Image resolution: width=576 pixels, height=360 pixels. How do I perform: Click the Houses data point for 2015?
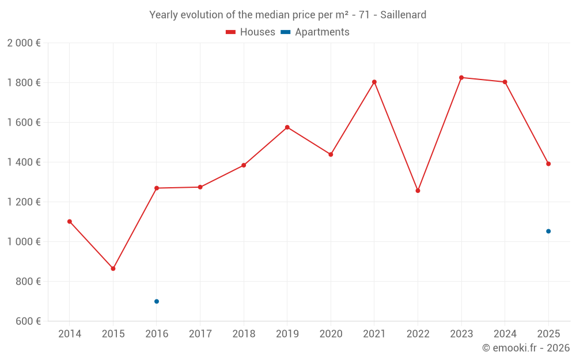113,268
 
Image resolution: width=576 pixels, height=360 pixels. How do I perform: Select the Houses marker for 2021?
374,82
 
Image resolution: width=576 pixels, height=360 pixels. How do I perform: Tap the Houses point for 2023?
461,77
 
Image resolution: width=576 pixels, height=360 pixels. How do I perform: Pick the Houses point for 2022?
418,191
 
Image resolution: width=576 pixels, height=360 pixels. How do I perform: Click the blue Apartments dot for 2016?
157,301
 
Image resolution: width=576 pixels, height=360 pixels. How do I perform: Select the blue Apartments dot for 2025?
548,231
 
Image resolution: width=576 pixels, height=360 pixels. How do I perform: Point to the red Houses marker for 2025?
548,164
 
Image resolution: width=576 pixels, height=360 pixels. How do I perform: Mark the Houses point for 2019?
287,127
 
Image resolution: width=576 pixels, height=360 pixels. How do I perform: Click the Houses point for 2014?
70,221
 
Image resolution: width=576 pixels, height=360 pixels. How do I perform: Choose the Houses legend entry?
251,32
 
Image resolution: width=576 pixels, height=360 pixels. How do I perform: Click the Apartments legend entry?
315,32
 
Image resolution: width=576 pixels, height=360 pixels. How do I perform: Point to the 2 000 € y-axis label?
24,43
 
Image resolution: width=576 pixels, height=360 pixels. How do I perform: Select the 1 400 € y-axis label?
24,162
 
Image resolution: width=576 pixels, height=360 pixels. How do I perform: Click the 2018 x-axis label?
244,334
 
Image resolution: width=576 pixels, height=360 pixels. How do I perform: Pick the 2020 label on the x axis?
331,334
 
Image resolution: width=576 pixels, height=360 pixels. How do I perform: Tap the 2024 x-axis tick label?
505,334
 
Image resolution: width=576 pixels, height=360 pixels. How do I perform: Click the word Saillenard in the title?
403,15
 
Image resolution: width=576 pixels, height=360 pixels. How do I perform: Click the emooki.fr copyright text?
526,348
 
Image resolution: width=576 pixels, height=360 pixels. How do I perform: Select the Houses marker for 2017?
200,187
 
